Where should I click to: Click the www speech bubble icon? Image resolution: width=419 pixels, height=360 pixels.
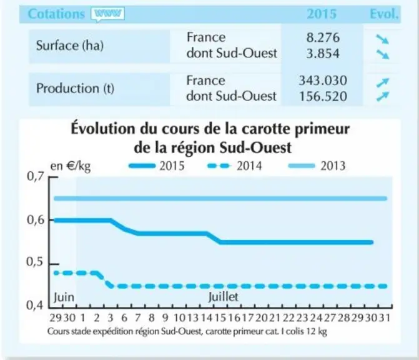(x=107, y=14)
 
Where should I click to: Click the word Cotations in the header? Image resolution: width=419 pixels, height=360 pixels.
(x=56, y=14)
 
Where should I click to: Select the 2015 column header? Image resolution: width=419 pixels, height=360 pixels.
(x=322, y=14)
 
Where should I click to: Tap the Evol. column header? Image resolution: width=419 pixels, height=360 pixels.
(x=384, y=14)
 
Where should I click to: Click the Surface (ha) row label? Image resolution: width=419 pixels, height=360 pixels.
(x=70, y=46)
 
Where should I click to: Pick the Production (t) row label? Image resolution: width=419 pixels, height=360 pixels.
(x=75, y=88)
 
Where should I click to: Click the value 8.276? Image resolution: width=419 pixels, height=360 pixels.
(x=323, y=37)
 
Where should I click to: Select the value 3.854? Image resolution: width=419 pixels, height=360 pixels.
(x=323, y=54)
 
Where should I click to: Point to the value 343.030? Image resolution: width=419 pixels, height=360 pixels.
(x=323, y=81)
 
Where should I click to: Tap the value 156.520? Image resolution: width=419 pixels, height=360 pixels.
(x=323, y=96)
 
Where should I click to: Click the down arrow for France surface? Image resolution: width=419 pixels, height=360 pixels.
(x=382, y=39)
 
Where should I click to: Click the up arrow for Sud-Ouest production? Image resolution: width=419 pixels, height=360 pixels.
(x=382, y=96)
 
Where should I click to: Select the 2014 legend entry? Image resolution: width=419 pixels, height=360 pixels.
(x=235, y=166)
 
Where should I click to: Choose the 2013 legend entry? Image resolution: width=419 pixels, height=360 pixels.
(x=317, y=166)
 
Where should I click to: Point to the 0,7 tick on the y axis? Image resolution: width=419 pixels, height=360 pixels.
(x=53, y=177)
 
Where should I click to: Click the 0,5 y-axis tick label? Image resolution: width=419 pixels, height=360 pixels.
(x=35, y=262)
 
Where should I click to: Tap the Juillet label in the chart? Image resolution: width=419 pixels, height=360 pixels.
(x=223, y=297)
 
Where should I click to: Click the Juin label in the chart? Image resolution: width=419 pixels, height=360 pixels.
(x=64, y=297)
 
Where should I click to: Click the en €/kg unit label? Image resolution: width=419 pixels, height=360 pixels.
(x=71, y=166)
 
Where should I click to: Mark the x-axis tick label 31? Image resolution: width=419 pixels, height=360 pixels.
(x=385, y=317)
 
